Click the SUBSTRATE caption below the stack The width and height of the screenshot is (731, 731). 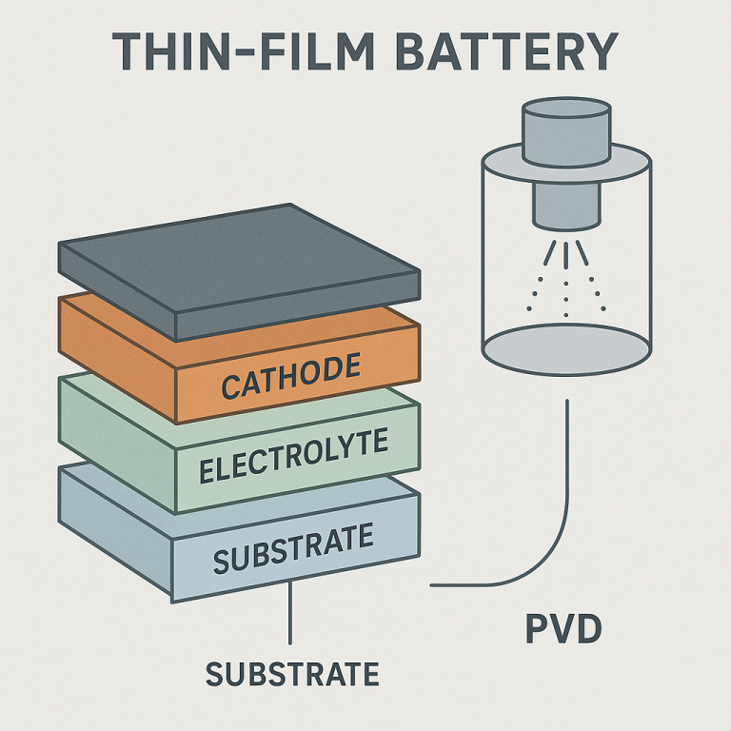292,674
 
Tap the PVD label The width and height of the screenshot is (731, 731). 563,629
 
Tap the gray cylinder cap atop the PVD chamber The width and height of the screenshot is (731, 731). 565,125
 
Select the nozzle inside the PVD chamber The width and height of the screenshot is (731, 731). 565,205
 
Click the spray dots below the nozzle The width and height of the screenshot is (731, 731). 565,281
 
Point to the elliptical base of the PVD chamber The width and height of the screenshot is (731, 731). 565,347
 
